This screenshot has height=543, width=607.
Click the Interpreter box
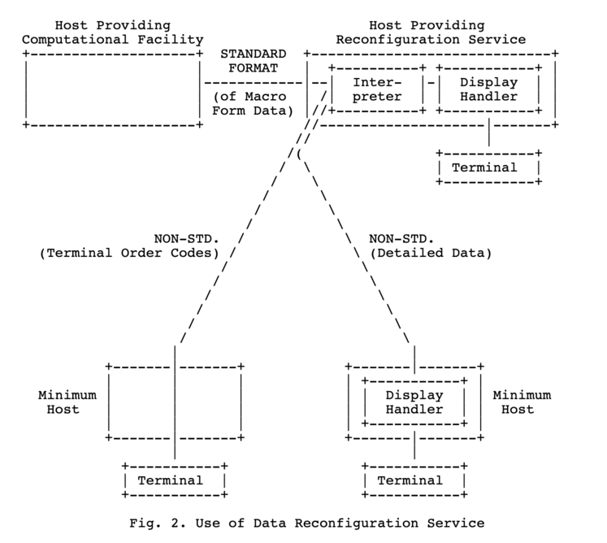[x=377, y=89]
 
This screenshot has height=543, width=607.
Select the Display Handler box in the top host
[x=488, y=89]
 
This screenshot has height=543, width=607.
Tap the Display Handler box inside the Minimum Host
[x=414, y=402]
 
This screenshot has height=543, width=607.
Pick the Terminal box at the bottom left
[x=173, y=480]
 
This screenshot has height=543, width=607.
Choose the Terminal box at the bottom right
[x=414, y=480]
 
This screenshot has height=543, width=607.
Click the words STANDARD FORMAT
[x=251, y=59]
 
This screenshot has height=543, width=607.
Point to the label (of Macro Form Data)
[x=251, y=104]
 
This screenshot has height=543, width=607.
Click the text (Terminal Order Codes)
[x=129, y=253]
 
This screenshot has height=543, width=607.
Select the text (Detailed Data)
[x=431, y=253]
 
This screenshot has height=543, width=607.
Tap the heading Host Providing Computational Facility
[x=113, y=33]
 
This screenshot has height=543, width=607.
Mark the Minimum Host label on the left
[x=67, y=402]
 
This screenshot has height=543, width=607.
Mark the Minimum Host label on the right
[x=521, y=402]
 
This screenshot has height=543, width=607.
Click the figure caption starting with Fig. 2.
[x=307, y=523]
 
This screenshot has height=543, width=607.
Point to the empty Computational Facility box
[x=113, y=89]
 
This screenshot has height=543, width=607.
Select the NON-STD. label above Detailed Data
[x=401, y=238]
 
